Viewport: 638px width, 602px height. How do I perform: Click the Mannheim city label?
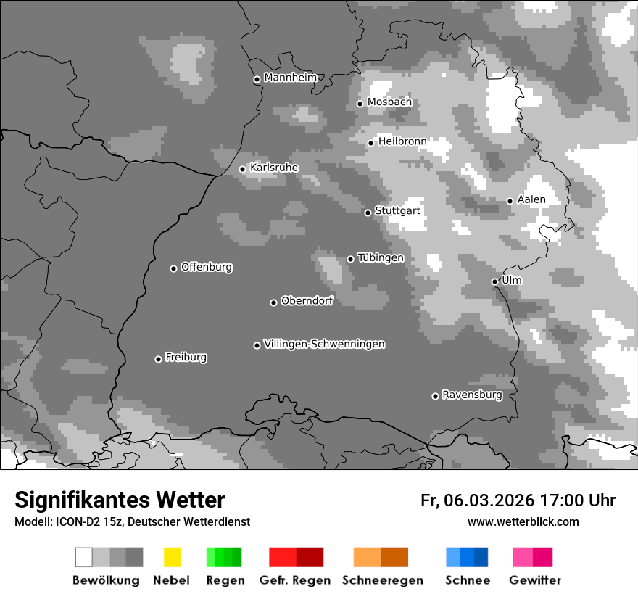(x=290, y=78)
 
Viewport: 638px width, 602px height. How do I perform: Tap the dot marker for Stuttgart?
(x=368, y=213)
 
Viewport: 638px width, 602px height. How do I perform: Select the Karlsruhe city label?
(x=273, y=168)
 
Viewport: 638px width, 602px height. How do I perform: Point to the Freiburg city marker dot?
(x=158, y=359)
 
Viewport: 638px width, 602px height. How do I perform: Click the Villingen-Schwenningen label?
(x=324, y=344)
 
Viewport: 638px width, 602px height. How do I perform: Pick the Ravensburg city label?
(x=472, y=395)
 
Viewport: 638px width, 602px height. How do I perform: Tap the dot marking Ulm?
(x=494, y=281)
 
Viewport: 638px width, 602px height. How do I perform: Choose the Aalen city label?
(x=531, y=199)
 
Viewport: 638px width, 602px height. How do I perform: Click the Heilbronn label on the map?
(x=402, y=141)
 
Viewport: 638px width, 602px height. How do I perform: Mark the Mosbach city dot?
(x=360, y=104)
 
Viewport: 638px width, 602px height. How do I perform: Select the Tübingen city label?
(x=381, y=257)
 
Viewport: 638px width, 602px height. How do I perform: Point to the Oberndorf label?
(x=307, y=301)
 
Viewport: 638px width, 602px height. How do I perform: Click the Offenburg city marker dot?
(x=173, y=268)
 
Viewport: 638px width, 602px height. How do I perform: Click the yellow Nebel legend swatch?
(x=172, y=557)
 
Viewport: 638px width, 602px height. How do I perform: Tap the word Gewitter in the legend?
(x=535, y=580)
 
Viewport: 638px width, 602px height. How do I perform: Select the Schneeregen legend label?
(x=383, y=580)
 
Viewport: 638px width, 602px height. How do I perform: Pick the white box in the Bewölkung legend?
(x=84, y=557)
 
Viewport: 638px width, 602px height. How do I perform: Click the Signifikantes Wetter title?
(x=120, y=500)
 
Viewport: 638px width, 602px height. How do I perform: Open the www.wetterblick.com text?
(x=523, y=521)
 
